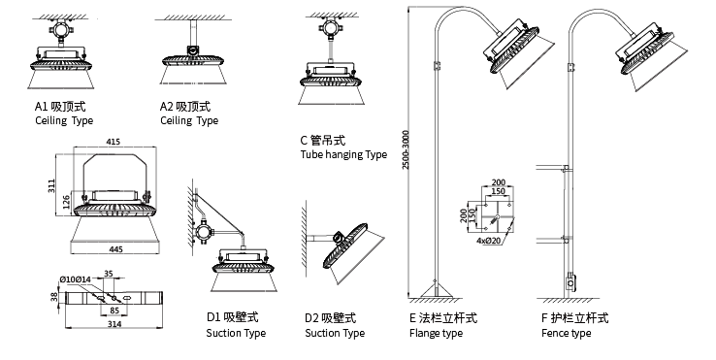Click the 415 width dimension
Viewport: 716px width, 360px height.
114,142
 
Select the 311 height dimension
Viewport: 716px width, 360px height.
51,185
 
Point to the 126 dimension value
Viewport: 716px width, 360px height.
66,203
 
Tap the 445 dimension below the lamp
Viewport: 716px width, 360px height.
116,249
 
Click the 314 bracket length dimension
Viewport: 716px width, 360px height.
114,324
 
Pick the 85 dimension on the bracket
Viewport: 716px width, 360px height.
114,311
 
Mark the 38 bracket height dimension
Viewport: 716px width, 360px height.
54,297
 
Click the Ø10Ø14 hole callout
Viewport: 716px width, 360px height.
76,279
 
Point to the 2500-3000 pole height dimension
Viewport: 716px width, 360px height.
406,149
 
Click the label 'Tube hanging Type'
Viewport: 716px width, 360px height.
343,155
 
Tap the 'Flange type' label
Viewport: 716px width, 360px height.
436,334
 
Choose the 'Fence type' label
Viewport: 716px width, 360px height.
566,334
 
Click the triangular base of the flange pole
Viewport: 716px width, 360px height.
437,290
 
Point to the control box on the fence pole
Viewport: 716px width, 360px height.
570,282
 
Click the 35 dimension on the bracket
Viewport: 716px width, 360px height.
109,274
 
